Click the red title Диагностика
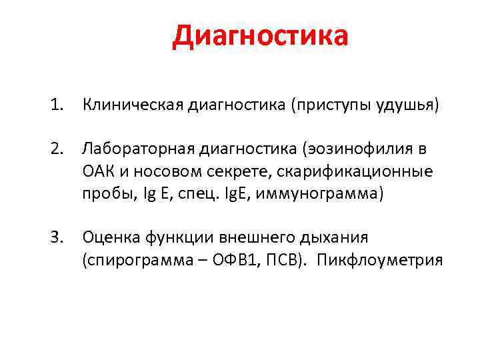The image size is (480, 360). pyautogui.click(x=260, y=37)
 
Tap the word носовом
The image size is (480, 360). pyautogui.click(x=163, y=171)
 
